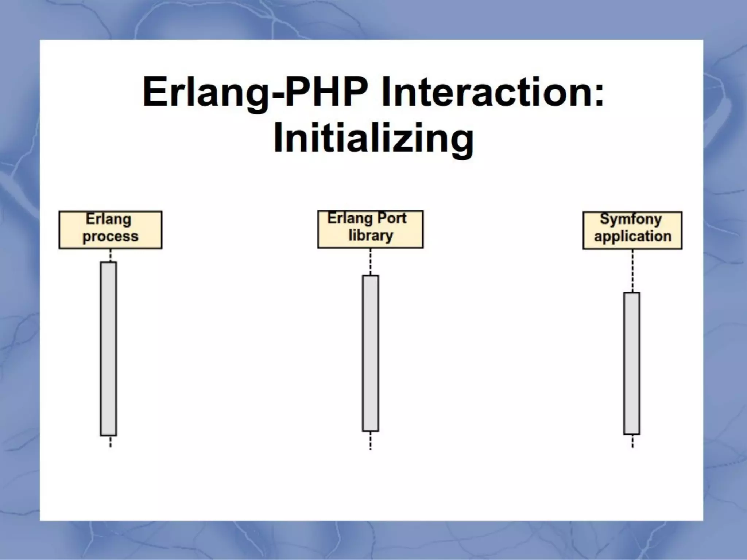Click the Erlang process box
coord(110,230)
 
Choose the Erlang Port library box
coord(370,229)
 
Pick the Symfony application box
coord(632,230)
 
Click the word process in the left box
coord(110,237)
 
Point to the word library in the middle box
coord(371,236)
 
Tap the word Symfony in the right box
coord(631,219)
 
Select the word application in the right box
coord(632,236)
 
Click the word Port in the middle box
coord(391,218)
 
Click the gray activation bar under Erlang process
coord(108,348)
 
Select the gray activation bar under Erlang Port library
coord(370,353)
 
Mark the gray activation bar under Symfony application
coord(631,363)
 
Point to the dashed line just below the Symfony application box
coord(632,271)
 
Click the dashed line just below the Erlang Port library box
coord(370,261)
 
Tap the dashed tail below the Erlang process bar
coord(110,442)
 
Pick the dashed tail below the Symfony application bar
coord(632,441)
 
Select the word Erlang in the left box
coord(108,219)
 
